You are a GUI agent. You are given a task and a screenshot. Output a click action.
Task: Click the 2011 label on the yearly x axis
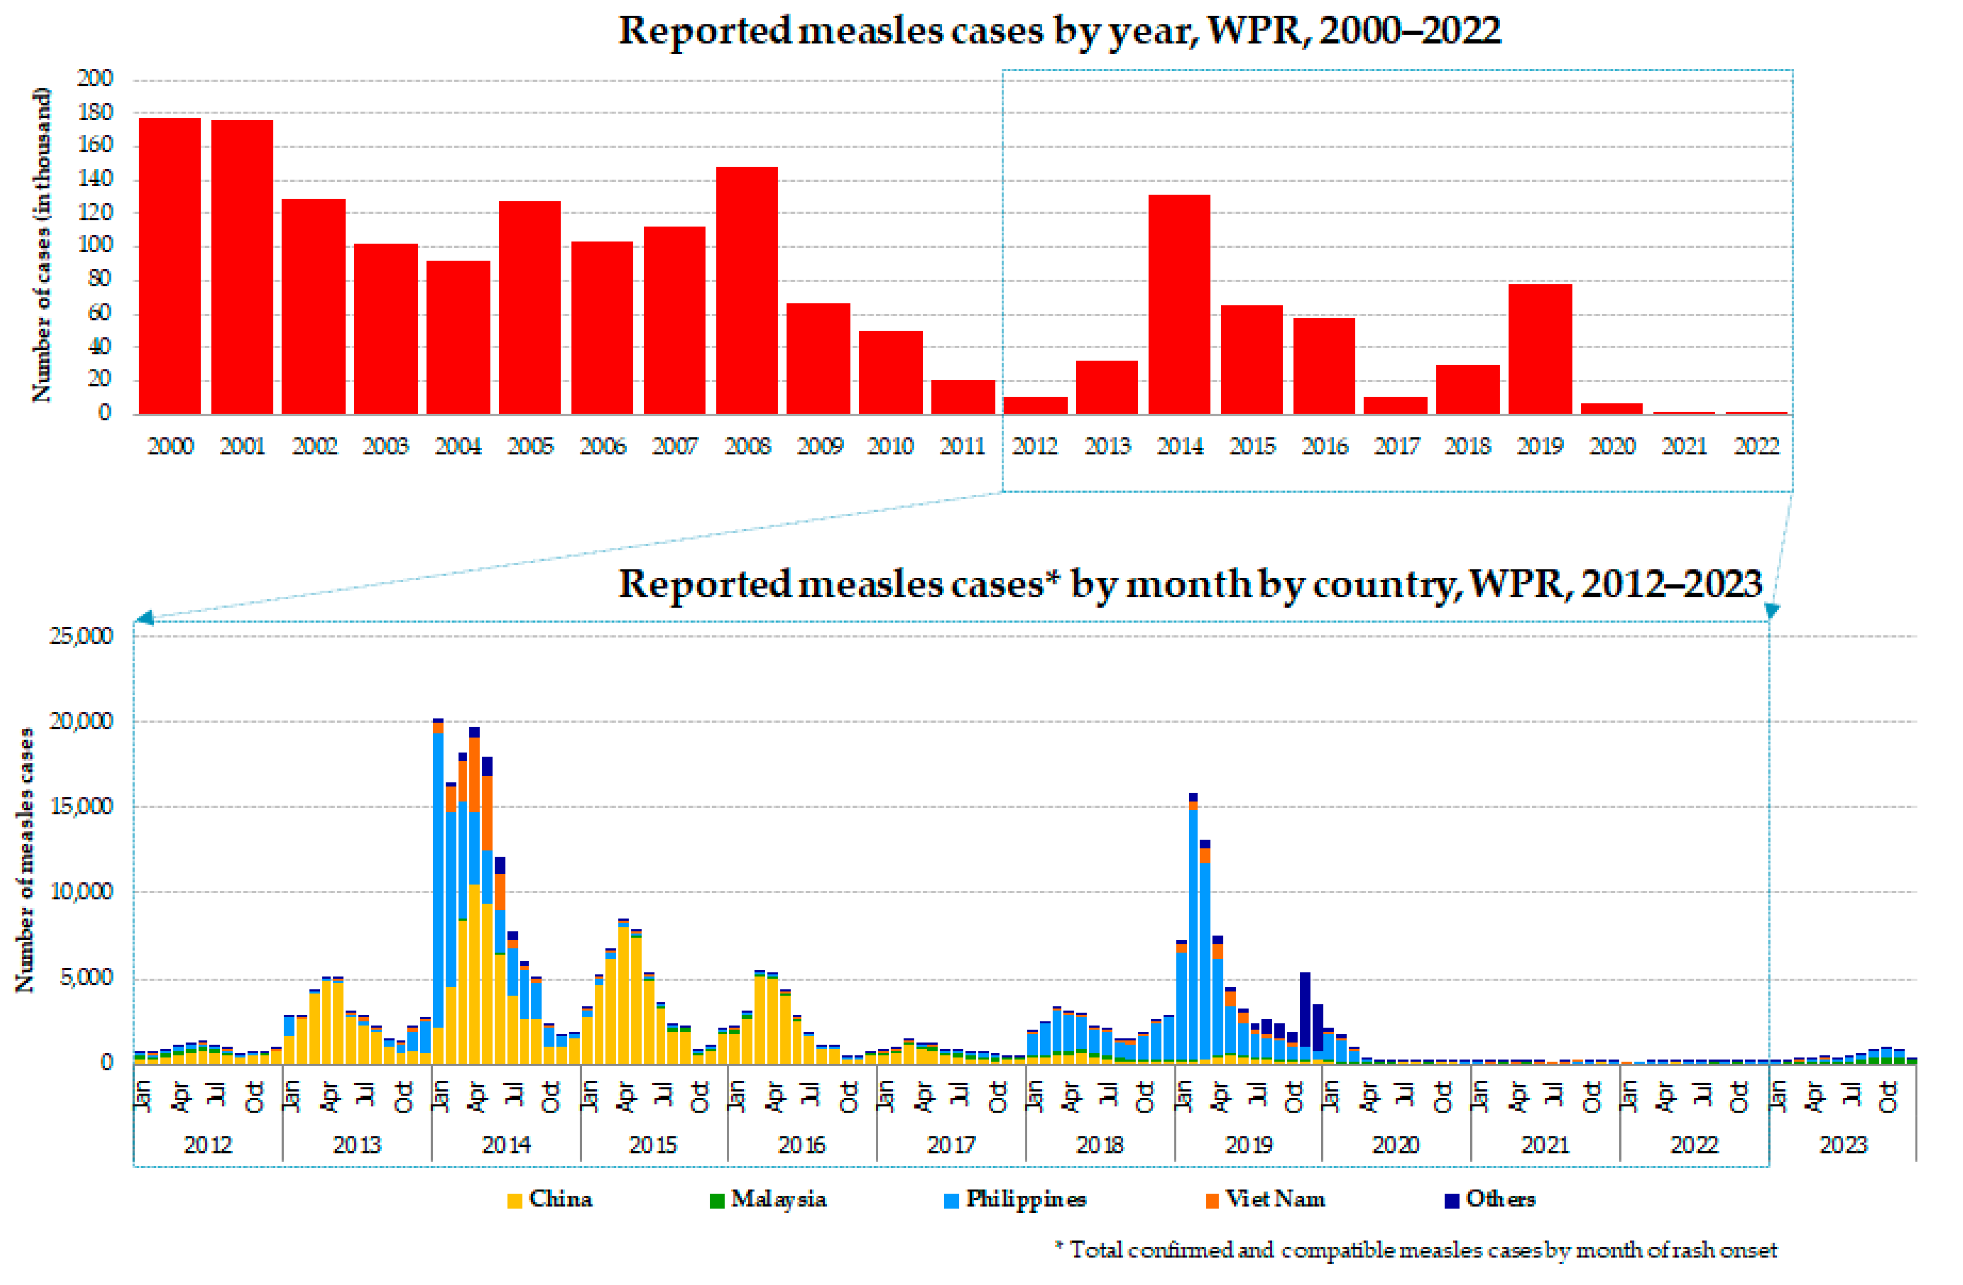(x=963, y=446)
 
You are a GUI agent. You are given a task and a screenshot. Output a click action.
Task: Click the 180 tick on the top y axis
(x=95, y=112)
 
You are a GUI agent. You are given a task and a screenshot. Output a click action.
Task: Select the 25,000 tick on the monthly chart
(x=81, y=636)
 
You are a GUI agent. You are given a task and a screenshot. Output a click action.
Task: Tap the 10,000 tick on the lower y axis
(x=81, y=892)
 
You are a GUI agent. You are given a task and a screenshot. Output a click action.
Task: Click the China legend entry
(x=550, y=1199)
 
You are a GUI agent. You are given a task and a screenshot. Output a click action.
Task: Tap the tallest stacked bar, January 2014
(x=438, y=891)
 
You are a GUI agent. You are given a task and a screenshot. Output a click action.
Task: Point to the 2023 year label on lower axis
(x=1843, y=1145)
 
